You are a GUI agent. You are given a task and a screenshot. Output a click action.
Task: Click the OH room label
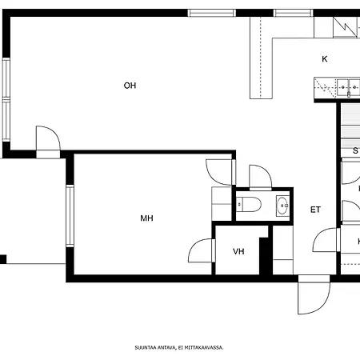click(x=130, y=86)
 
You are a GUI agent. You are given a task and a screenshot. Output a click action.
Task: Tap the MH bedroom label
click(x=146, y=218)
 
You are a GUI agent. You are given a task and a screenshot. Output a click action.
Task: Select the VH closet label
click(x=238, y=251)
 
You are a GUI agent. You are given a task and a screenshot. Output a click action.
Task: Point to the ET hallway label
click(x=315, y=210)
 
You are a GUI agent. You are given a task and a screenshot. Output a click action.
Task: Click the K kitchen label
click(x=325, y=59)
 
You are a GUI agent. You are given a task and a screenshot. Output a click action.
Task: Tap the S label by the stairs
click(x=355, y=150)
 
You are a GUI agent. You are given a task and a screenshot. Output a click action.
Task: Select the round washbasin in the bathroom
click(x=282, y=206)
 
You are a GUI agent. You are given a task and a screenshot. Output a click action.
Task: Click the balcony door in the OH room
click(x=46, y=139)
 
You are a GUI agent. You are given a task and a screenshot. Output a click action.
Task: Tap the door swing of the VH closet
click(x=201, y=251)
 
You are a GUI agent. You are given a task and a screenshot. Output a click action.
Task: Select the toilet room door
click(x=260, y=176)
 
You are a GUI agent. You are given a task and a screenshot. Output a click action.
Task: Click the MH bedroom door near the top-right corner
click(x=218, y=170)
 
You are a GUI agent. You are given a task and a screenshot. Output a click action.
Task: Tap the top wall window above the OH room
click(x=211, y=13)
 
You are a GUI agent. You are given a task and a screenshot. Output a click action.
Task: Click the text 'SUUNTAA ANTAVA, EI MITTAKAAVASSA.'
click(x=178, y=348)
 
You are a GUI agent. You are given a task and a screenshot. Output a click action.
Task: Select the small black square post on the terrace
click(x=3, y=258)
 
